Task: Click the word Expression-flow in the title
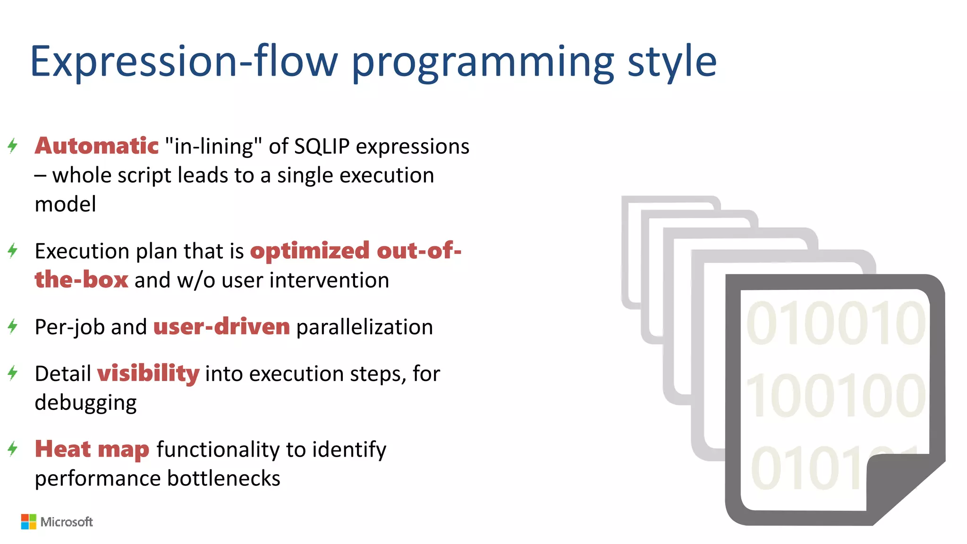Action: (x=184, y=61)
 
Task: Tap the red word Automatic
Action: (x=97, y=146)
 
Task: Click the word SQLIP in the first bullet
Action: (x=322, y=146)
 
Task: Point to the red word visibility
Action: (x=148, y=374)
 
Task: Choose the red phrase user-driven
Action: (x=221, y=327)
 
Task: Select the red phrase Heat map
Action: (x=92, y=449)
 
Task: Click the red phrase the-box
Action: (x=81, y=280)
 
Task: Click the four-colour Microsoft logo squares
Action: (x=28, y=522)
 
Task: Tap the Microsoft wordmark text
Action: (x=67, y=522)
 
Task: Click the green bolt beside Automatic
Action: (x=13, y=145)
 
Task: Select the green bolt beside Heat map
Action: (x=13, y=449)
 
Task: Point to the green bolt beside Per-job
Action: (x=13, y=326)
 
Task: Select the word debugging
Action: (x=85, y=403)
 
